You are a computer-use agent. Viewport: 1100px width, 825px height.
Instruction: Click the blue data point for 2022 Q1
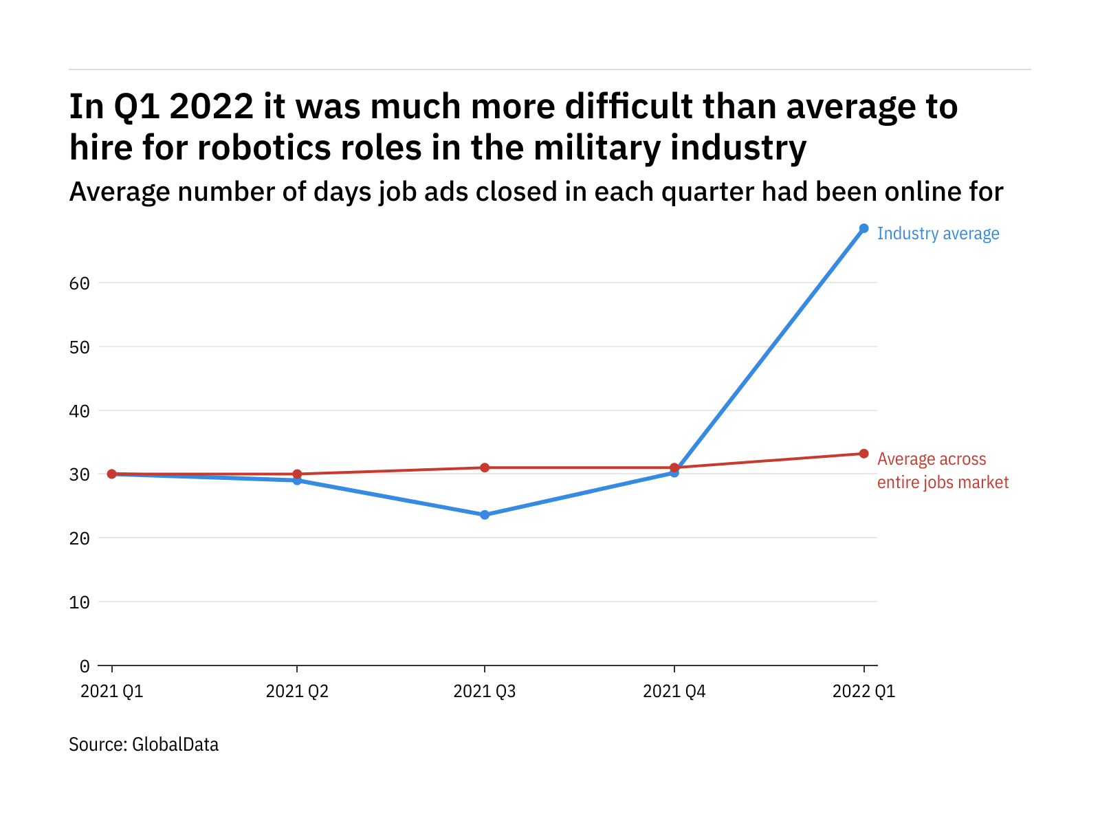(x=863, y=228)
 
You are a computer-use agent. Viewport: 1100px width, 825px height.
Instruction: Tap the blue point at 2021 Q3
(x=485, y=515)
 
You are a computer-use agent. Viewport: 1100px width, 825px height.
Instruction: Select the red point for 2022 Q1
(x=863, y=454)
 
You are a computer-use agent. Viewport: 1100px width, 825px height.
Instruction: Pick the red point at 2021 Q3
(x=485, y=467)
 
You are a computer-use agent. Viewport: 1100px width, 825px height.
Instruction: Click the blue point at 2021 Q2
(x=297, y=481)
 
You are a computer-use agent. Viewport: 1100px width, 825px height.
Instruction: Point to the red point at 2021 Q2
(x=297, y=474)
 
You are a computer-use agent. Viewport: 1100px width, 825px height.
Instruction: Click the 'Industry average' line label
(x=938, y=234)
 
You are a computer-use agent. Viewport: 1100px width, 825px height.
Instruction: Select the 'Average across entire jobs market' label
(x=942, y=471)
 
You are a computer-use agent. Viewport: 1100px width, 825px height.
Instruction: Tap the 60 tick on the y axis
(x=79, y=283)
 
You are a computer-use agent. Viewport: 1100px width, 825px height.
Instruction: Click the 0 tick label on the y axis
(x=84, y=666)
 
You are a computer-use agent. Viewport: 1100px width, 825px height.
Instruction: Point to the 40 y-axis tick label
(x=79, y=411)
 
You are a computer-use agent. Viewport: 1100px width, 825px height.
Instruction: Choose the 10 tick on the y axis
(x=79, y=602)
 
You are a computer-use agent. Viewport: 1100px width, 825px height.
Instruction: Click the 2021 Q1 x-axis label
(x=111, y=691)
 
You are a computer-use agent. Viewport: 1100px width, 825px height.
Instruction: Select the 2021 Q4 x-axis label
(x=674, y=691)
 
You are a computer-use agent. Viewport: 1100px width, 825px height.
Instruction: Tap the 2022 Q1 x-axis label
(x=863, y=691)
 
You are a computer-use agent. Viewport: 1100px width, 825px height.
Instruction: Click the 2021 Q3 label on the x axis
(x=484, y=691)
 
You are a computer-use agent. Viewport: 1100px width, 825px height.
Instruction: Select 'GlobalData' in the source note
(x=175, y=745)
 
